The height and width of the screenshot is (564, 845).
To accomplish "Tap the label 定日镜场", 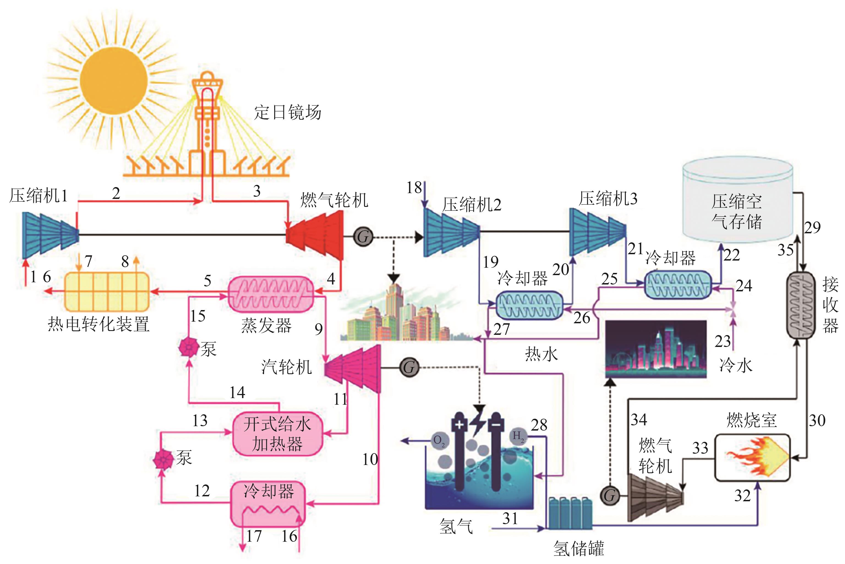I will [287, 112].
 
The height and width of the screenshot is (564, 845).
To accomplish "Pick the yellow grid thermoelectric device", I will [107, 292].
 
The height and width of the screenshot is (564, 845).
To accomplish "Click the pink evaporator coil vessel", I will [271, 294].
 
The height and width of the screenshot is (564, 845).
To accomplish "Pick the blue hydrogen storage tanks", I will [570, 514].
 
